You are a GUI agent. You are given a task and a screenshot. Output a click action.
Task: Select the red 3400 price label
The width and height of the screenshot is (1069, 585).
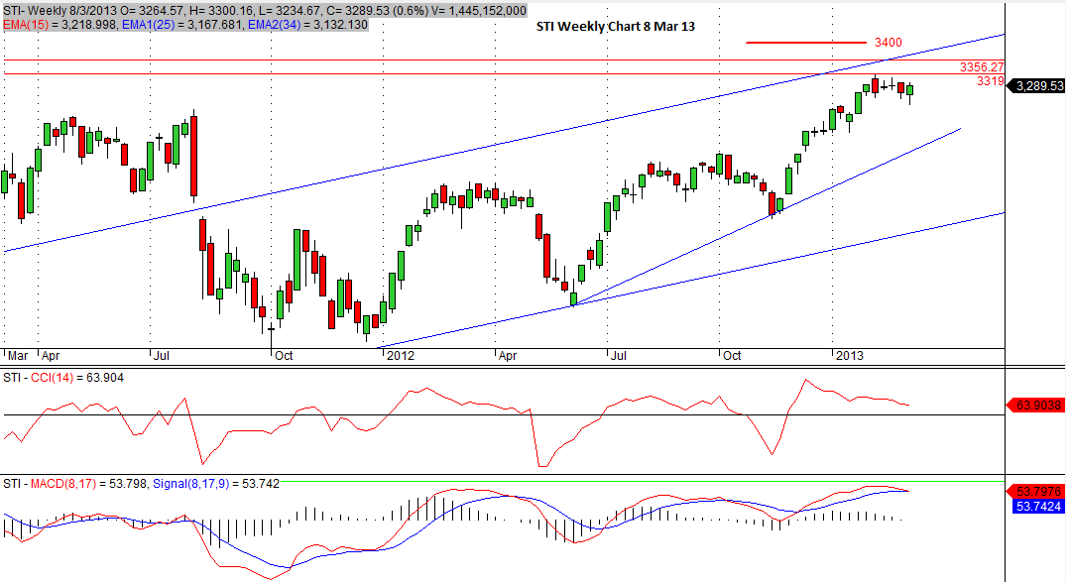tap(889, 44)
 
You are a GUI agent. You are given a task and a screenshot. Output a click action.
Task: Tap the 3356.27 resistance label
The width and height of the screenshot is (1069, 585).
tap(982, 67)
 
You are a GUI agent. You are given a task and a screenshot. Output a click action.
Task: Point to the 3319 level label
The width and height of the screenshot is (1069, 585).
tap(990, 82)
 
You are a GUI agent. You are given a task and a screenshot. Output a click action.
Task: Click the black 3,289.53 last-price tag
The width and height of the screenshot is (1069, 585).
tap(1037, 86)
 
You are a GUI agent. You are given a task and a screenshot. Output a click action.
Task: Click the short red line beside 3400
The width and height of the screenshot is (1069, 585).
tap(805, 43)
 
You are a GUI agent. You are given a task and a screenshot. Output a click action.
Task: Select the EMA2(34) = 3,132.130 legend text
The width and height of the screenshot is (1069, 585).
tap(308, 25)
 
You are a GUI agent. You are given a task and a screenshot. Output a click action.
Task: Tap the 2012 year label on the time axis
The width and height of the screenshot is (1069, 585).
tap(400, 355)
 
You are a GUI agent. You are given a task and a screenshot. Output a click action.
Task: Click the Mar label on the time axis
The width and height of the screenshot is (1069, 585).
tap(17, 355)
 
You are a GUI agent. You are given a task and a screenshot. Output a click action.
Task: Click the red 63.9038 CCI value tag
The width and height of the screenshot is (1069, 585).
tap(1037, 405)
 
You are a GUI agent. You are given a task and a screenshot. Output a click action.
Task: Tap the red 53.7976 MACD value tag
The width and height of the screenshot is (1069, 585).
tap(1037, 491)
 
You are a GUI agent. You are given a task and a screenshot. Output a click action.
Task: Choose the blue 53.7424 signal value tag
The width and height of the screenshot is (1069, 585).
tap(1037, 507)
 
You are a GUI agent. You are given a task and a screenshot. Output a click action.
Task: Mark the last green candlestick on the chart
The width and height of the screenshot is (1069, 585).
tap(909, 91)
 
